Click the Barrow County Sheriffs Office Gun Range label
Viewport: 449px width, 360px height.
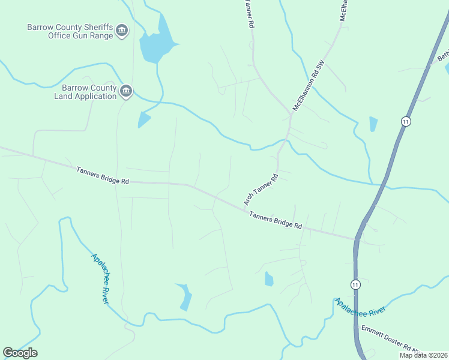click(71, 31)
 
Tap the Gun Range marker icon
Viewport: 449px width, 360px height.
click(122, 31)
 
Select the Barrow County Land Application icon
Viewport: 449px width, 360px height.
click(125, 91)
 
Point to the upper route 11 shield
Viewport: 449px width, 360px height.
click(406, 121)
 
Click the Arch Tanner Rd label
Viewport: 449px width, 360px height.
click(262, 190)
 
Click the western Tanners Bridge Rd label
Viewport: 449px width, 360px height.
click(103, 175)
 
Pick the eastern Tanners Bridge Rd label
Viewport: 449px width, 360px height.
click(276, 220)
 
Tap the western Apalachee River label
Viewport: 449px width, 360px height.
click(100, 278)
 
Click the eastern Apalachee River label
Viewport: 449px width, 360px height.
click(360, 306)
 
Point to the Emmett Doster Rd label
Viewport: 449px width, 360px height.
click(388, 340)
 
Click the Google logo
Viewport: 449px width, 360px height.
click(20, 353)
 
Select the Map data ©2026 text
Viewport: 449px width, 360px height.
click(424, 355)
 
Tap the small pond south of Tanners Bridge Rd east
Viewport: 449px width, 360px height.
click(269, 279)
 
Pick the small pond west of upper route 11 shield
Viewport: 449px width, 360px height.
click(373, 124)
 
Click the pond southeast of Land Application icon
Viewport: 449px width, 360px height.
click(143, 119)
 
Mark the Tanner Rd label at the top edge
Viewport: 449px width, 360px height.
click(248, 13)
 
